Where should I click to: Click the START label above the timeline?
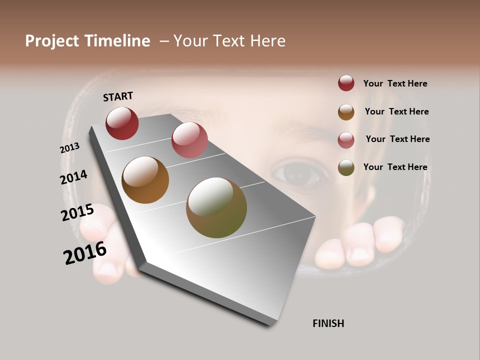[118, 96]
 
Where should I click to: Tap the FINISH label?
[328, 323]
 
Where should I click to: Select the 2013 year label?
[69, 148]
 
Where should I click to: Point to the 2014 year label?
[73, 177]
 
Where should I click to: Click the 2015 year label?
[77, 212]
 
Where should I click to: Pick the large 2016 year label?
[85, 253]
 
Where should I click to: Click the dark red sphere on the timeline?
[122, 123]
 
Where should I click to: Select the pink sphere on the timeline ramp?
[189, 140]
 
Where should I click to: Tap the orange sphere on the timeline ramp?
[145, 180]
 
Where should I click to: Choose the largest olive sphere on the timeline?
[216, 207]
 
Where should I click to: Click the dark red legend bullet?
[346, 83]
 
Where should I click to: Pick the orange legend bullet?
[346, 112]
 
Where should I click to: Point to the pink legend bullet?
[346, 140]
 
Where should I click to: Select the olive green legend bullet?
[346, 167]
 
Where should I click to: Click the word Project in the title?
[52, 41]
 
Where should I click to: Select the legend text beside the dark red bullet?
[395, 83]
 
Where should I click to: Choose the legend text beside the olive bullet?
[395, 167]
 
